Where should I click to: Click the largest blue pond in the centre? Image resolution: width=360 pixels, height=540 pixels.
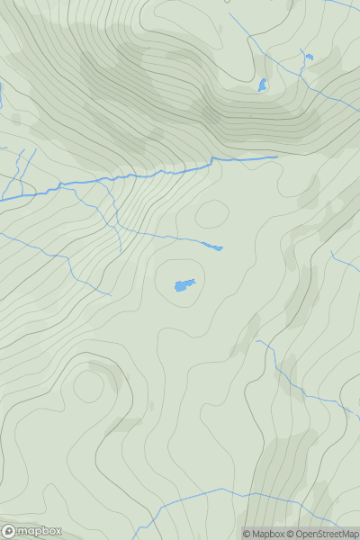184,285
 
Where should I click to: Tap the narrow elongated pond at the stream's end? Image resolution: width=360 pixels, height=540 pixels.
212,246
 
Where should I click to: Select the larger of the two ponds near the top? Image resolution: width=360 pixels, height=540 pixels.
263,85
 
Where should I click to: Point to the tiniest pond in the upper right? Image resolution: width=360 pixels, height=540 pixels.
308,58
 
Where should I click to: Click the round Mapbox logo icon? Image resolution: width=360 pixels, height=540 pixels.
8,531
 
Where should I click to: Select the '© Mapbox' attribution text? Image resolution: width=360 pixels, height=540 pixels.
264,534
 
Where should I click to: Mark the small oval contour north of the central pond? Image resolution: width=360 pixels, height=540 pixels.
211,214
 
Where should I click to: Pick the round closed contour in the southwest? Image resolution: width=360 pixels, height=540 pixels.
88,385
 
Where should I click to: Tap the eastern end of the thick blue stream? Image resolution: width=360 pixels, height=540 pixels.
276,157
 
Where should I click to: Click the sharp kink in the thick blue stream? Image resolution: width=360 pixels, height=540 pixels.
212,160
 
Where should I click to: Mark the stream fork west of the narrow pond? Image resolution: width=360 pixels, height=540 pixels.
121,228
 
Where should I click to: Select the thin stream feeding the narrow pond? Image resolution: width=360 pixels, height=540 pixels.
171,237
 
